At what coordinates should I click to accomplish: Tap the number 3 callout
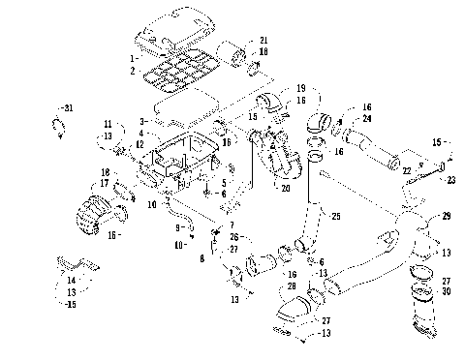pos(142,121)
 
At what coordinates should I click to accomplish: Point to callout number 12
pos(139,144)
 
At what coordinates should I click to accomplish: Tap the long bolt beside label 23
pos(426,165)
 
